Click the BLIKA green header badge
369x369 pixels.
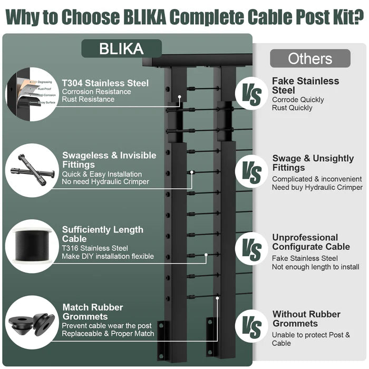(121, 49)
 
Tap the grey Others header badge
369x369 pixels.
(310, 58)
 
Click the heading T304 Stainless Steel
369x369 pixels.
(105, 83)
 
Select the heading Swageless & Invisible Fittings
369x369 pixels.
(109, 160)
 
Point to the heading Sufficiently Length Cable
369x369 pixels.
(102, 235)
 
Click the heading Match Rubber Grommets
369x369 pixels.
(93, 312)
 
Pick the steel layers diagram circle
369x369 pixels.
(31, 94)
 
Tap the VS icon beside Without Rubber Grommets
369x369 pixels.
(251, 327)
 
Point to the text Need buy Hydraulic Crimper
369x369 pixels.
(317, 187)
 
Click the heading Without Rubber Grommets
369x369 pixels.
(306, 319)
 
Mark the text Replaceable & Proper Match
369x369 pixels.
(108, 333)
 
